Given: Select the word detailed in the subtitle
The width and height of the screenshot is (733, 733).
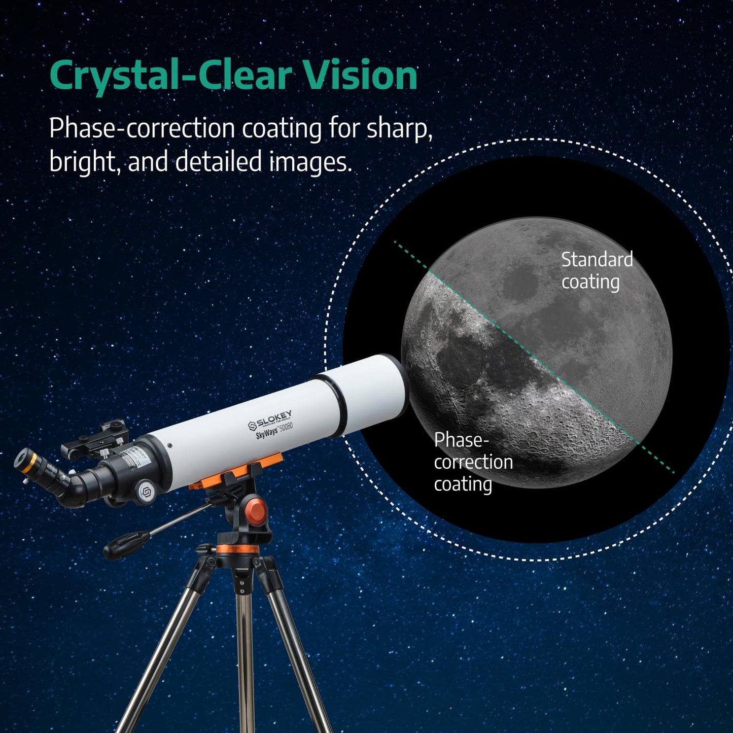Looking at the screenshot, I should pyautogui.click(x=220, y=162).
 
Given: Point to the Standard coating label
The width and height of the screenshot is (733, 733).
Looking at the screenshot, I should pyautogui.click(x=596, y=271).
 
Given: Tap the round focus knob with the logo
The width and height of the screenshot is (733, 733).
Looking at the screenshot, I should pyautogui.click(x=146, y=491).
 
